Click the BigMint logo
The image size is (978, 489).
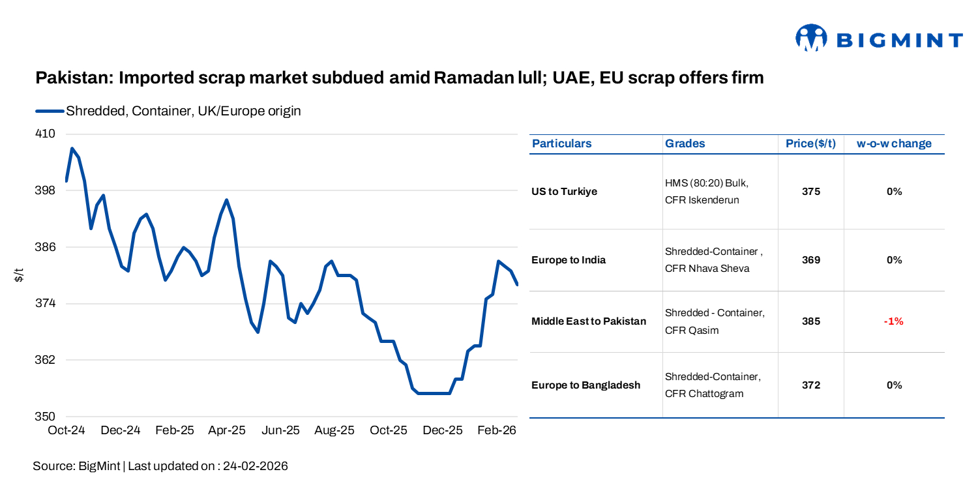(879, 39)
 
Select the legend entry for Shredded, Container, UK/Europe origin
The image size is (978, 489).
(183, 111)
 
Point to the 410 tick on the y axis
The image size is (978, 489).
(45, 134)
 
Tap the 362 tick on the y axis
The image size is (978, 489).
(45, 360)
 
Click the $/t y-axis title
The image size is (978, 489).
(19, 275)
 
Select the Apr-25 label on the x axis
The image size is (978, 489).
(227, 430)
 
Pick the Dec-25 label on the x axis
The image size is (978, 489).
(443, 430)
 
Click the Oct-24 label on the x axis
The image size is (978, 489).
(66, 430)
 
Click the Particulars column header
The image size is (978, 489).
(562, 143)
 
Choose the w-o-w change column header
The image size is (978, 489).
(894, 143)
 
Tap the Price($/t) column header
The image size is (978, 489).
(810, 143)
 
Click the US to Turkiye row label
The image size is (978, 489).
(564, 192)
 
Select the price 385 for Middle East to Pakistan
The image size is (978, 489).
(810, 321)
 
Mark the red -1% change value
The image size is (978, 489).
(894, 321)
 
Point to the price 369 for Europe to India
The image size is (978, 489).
(810, 260)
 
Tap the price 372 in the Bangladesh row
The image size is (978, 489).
(810, 385)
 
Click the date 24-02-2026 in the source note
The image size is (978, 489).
(255, 466)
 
